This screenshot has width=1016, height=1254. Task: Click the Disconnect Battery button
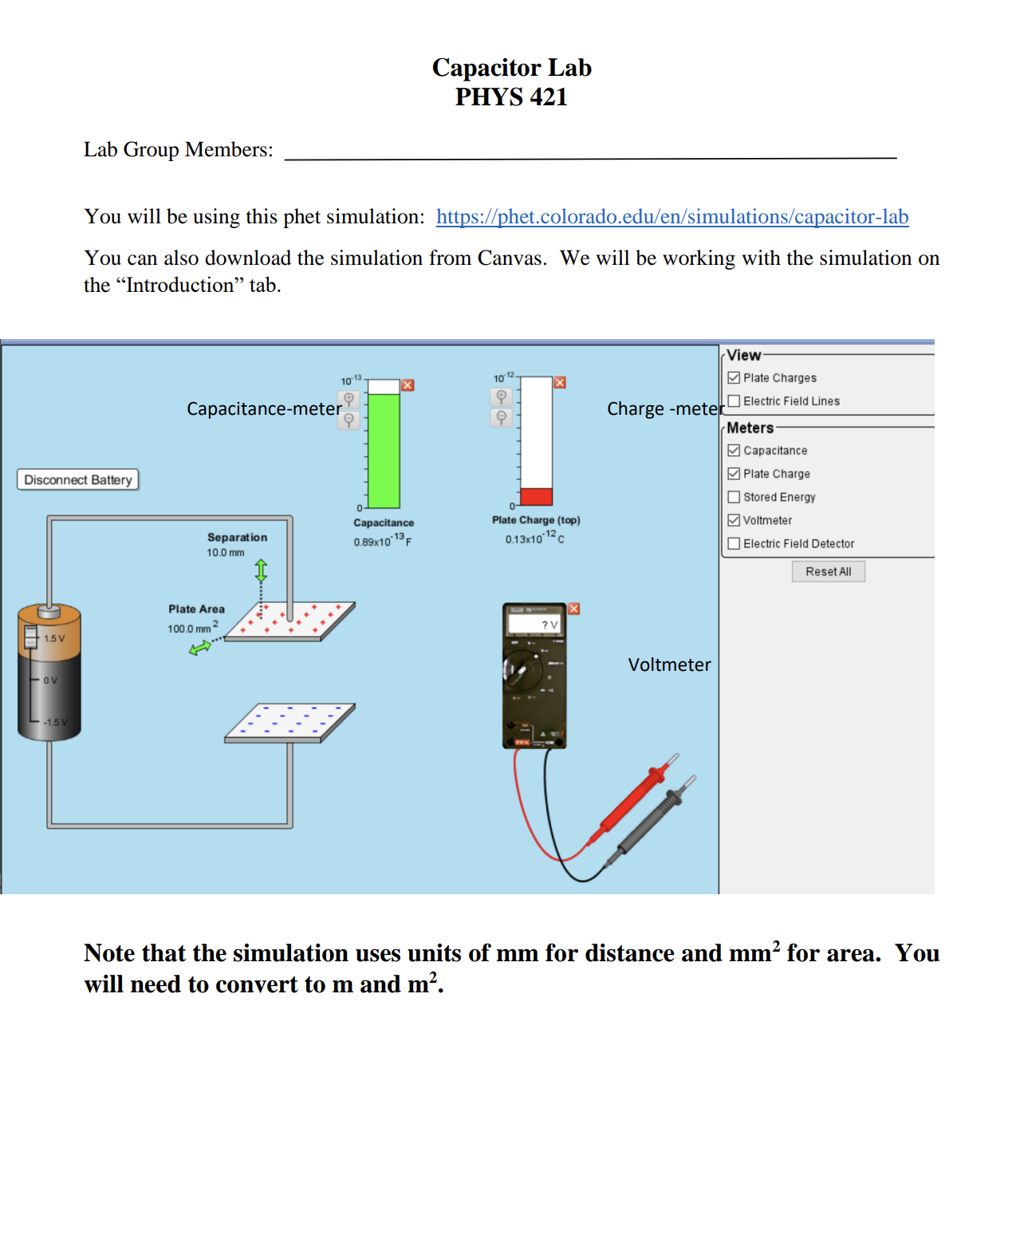pos(77,479)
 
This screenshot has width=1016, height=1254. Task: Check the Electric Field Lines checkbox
pos(734,401)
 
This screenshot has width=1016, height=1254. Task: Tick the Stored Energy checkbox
pos(734,497)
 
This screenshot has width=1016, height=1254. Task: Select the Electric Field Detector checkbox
pos(734,544)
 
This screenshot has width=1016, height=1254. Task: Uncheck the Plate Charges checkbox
pos(734,378)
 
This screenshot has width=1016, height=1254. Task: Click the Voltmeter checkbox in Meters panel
pos(734,520)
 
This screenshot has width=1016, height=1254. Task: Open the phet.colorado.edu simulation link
pos(671,217)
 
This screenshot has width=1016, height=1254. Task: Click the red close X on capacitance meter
pos(408,385)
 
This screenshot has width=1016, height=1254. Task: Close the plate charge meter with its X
pos(560,383)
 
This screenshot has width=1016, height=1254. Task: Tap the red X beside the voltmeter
pos(573,609)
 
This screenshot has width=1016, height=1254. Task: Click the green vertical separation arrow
pos(261,570)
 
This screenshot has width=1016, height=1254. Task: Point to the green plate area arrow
pos(199,648)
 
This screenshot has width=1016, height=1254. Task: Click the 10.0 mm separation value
pos(226,553)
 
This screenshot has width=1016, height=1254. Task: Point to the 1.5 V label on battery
pos(54,639)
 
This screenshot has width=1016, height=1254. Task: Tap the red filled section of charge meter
pos(536,496)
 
